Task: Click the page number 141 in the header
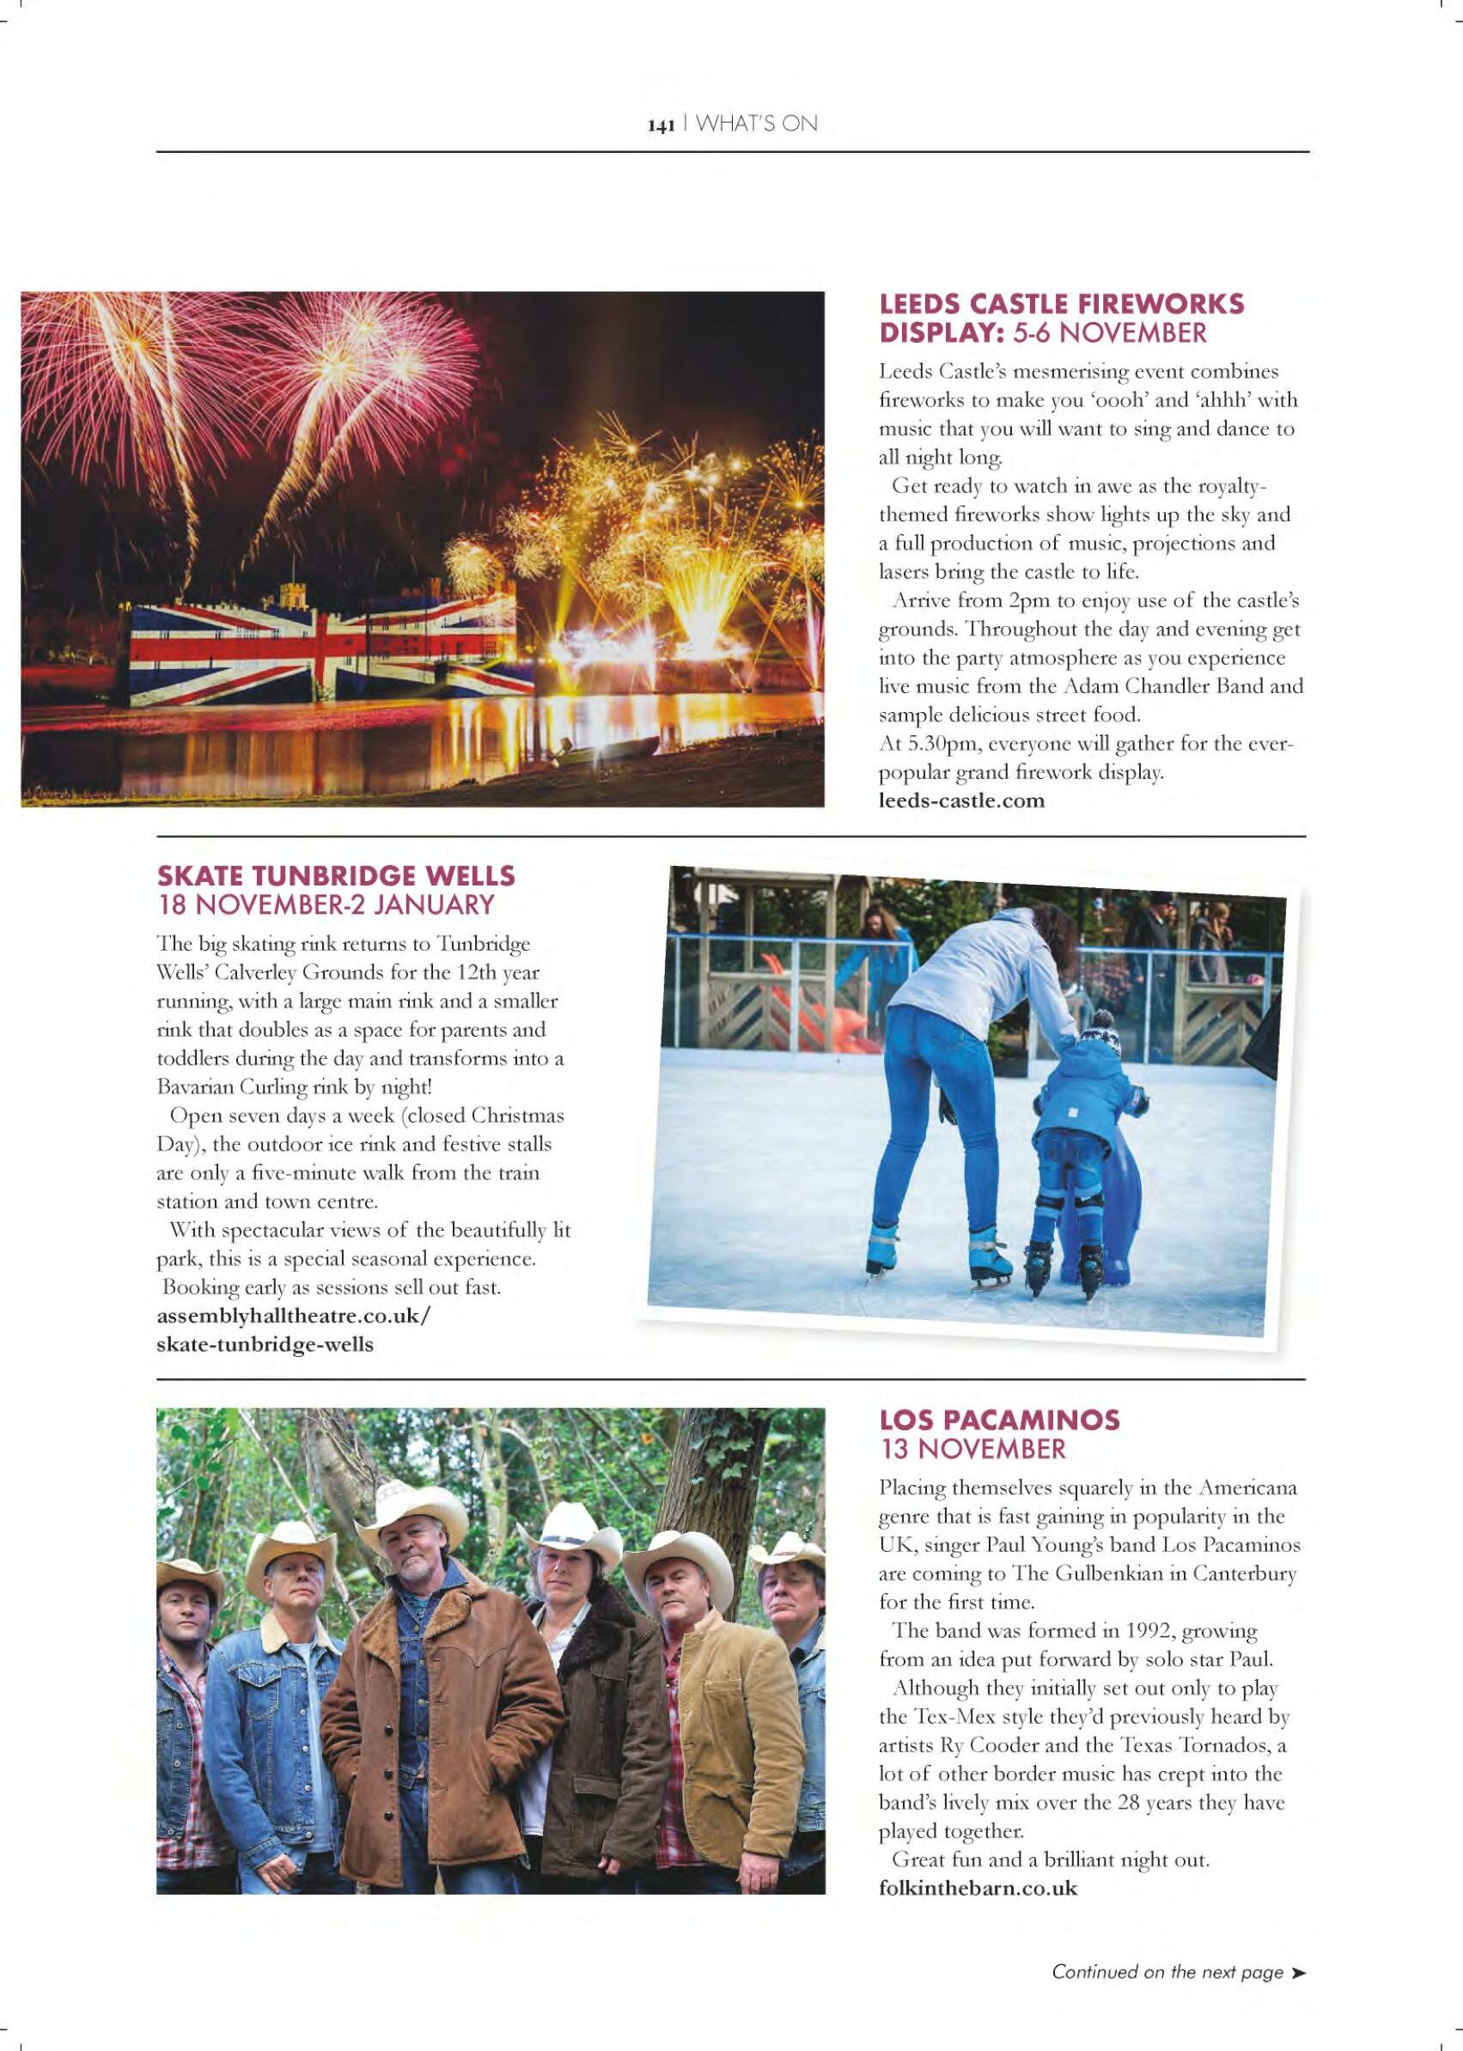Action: (x=661, y=126)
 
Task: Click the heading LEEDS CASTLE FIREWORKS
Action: (x=1060, y=304)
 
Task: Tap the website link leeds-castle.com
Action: (x=961, y=800)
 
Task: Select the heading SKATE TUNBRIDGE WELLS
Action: (x=336, y=874)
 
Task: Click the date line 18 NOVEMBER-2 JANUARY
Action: (x=326, y=904)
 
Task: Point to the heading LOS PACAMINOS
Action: (x=999, y=1420)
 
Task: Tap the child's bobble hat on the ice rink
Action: (x=1100, y=1043)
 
